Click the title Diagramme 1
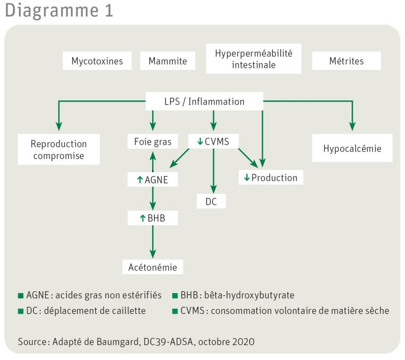(x=59, y=10)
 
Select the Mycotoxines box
(x=97, y=61)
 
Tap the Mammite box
(x=168, y=61)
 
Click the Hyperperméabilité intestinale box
(x=253, y=59)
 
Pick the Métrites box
(x=347, y=61)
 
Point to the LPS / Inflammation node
(x=204, y=101)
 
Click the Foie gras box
(x=153, y=141)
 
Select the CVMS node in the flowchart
(x=213, y=141)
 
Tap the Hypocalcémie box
(x=352, y=148)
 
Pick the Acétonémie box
(x=153, y=267)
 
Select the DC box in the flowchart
(x=211, y=201)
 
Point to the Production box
(x=271, y=178)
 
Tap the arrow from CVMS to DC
(x=213, y=170)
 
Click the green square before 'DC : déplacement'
(x=20, y=311)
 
